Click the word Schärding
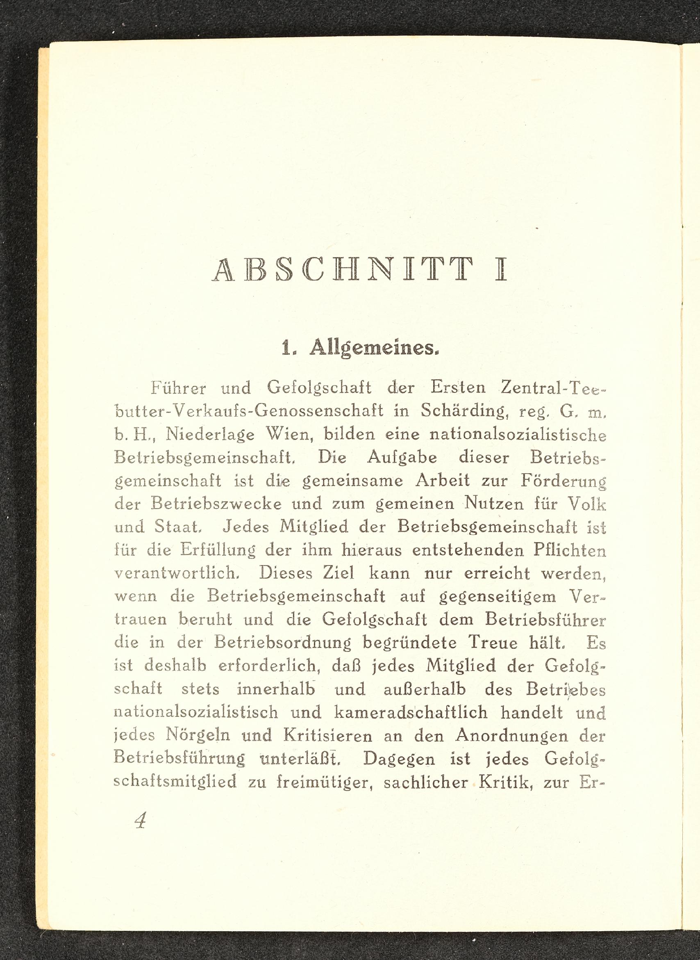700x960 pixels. coord(464,411)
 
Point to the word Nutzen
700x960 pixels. coord(492,504)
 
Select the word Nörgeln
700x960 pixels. coord(198,736)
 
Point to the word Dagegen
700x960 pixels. coord(399,759)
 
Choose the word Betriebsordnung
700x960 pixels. coord(283,643)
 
